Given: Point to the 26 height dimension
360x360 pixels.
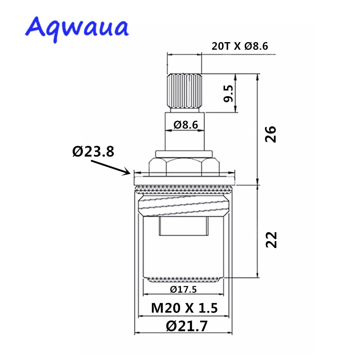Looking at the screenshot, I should click(x=271, y=134).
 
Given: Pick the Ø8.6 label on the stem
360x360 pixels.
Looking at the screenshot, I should click(x=185, y=125).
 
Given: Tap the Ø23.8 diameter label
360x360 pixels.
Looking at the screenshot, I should click(x=93, y=152).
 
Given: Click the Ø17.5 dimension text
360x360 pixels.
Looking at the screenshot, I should click(x=183, y=289).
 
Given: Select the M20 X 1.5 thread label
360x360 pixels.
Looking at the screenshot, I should click(x=184, y=308).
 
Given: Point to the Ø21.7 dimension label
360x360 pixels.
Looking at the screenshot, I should click(x=187, y=326).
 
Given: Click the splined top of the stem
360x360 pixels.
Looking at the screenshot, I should click(x=184, y=92).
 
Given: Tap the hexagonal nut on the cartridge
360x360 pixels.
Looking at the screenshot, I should click(x=184, y=166).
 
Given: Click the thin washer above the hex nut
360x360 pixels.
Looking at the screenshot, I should click(x=184, y=154).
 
